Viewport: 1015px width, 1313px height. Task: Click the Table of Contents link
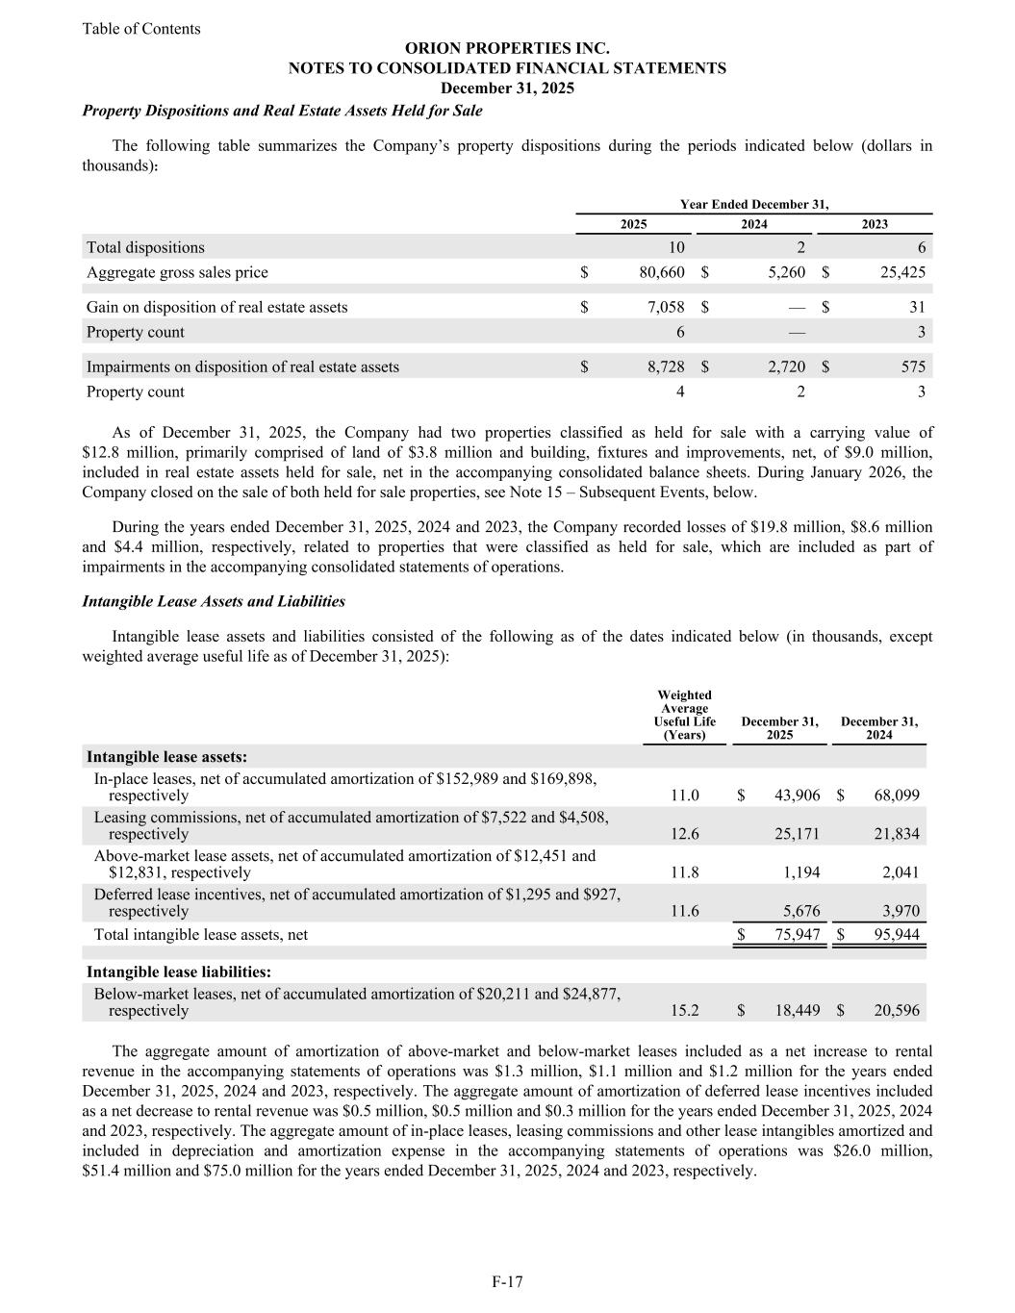coord(141,29)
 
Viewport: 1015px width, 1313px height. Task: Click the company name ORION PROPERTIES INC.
coord(507,48)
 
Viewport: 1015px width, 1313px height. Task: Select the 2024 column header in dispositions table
coord(754,224)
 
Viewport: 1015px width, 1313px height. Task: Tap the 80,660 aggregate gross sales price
coord(661,272)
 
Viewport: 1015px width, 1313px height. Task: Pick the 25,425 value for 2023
coord(902,272)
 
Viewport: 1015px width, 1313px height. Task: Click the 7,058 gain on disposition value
coord(665,307)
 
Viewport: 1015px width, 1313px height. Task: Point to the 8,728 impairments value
coord(665,366)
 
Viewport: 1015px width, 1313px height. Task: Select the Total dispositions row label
coord(145,247)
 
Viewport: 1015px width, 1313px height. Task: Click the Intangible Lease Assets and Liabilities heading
coord(214,601)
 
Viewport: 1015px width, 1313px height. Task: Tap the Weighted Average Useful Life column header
coord(684,715)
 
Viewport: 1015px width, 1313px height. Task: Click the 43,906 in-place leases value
coord(797,795)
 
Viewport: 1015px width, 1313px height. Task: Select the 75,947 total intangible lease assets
coord(797,934)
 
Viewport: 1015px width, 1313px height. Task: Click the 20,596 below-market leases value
coord(896,1011)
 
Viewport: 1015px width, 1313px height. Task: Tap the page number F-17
coord(507,1281)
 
